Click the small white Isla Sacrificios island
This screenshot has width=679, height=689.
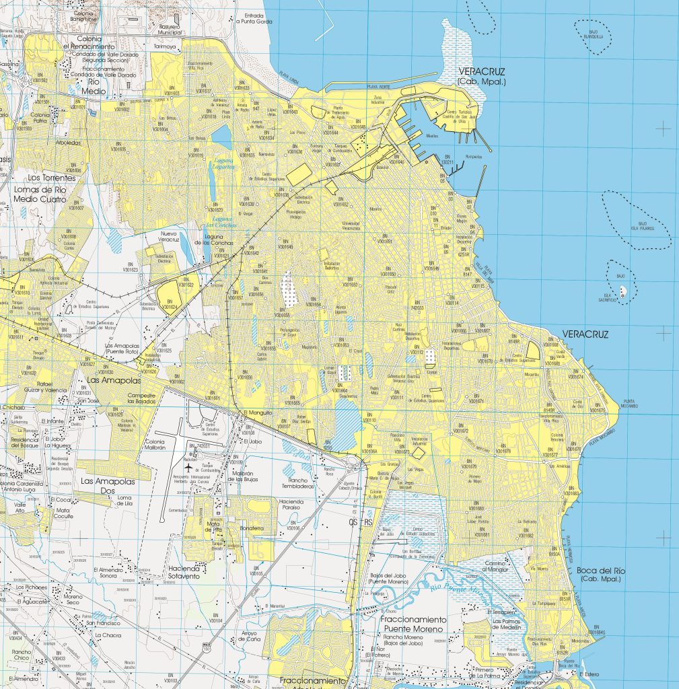[x=624, y=291]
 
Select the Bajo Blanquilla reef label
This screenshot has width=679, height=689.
[x=593, y=34]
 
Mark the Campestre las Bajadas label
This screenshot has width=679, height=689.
[x=146, y=398]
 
